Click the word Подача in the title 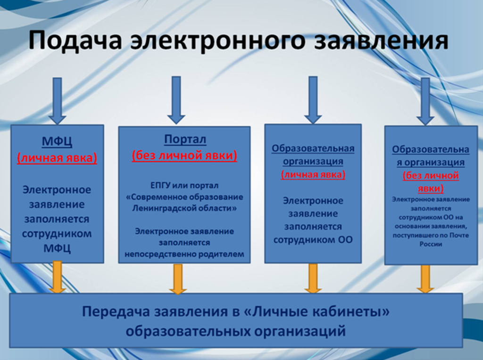click(x=75, y=41)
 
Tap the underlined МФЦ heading click(x=57, y=141)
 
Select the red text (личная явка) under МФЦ click(x=57, y=158)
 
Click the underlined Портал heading click(x=185, y=139)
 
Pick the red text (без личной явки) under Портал click(x=184, y=155)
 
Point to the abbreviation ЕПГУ click(x=160, y=186)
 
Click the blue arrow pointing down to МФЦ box click(x=57, y=101)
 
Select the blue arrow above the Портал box click(x=176, y=100)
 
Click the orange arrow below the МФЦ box click(x=57, y=277)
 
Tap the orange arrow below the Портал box click(x=178, y=279)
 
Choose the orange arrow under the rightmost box click(x=425, y=278)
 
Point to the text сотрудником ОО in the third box click(x=313, y=240)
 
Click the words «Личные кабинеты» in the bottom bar click(x=316, y=311)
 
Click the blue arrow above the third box click(x=313, y=100)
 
